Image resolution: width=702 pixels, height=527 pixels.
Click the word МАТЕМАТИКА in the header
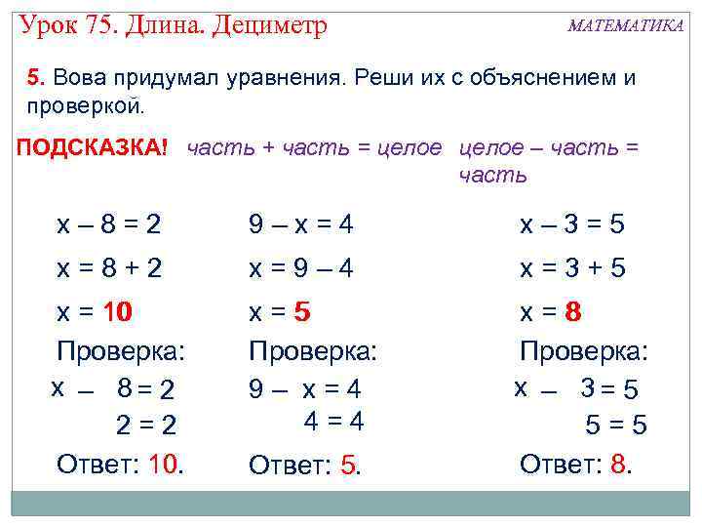point(625,26)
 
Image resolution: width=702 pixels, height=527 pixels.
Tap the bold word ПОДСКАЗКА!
point(93,147)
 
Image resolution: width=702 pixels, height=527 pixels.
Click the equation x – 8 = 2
point(109,224)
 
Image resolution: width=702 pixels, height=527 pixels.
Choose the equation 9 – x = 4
point(301,224)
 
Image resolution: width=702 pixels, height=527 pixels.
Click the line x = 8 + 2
point(109,267)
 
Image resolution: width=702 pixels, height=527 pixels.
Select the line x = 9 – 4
point(301,267)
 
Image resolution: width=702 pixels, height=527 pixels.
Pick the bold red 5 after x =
point(302,313)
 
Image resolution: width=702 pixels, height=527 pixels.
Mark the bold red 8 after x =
point(573,313)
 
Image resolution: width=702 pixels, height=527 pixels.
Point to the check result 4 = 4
point(333,422)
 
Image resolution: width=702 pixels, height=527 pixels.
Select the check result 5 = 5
point(615,426)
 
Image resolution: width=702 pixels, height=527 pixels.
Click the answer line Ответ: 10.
point(121,464)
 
